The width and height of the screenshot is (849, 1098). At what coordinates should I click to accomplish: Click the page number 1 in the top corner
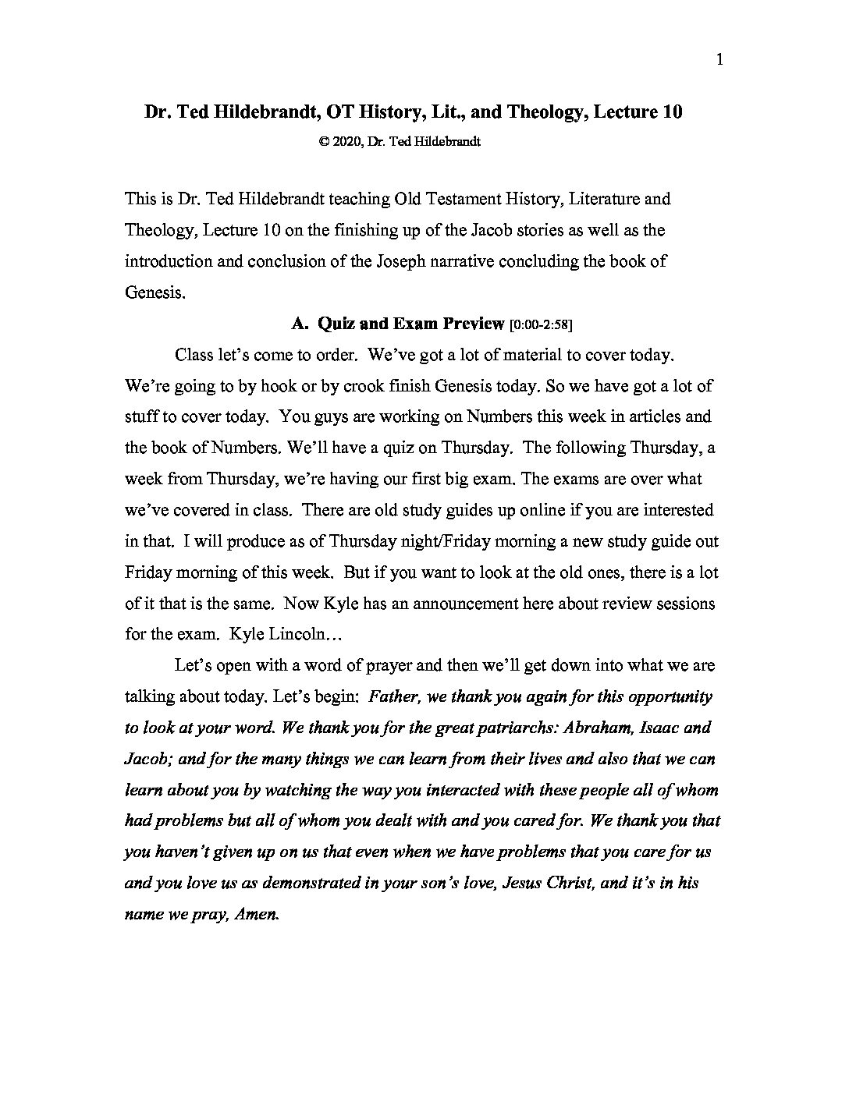[x=719, y=60]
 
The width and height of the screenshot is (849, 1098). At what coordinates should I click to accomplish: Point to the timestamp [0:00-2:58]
[x=545, y=324]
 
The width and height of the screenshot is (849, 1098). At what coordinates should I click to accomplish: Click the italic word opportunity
[x=668, y=696]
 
